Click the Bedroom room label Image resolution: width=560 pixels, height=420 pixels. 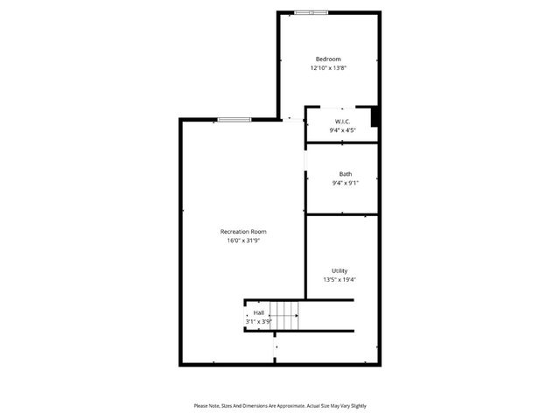(328, 59)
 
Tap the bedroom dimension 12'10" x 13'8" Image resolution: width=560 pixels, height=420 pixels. (328, 67)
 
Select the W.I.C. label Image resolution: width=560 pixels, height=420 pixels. (342, 121)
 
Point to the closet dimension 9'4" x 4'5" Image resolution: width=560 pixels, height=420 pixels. (342, 130)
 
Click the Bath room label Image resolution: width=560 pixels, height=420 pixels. (345, 174)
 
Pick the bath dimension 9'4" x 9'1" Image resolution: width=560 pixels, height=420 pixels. (345, 183)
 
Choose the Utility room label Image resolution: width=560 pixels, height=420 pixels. (339, 271)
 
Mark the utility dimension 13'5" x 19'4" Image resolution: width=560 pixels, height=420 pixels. (339, 280)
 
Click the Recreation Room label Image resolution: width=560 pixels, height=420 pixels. (242, 231)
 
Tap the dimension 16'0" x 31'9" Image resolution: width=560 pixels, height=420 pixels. (242, 240)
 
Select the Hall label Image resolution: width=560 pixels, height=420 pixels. (258, 312)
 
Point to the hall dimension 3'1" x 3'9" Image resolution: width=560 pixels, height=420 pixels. (258, 321)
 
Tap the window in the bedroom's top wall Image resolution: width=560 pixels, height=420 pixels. (311, 12)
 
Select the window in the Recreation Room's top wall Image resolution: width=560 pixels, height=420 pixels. (234, 119)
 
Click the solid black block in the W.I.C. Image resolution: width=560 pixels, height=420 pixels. (374, 116)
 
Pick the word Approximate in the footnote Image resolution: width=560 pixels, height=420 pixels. (287, 406)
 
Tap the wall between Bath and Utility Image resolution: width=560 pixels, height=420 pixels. (341, 213)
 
